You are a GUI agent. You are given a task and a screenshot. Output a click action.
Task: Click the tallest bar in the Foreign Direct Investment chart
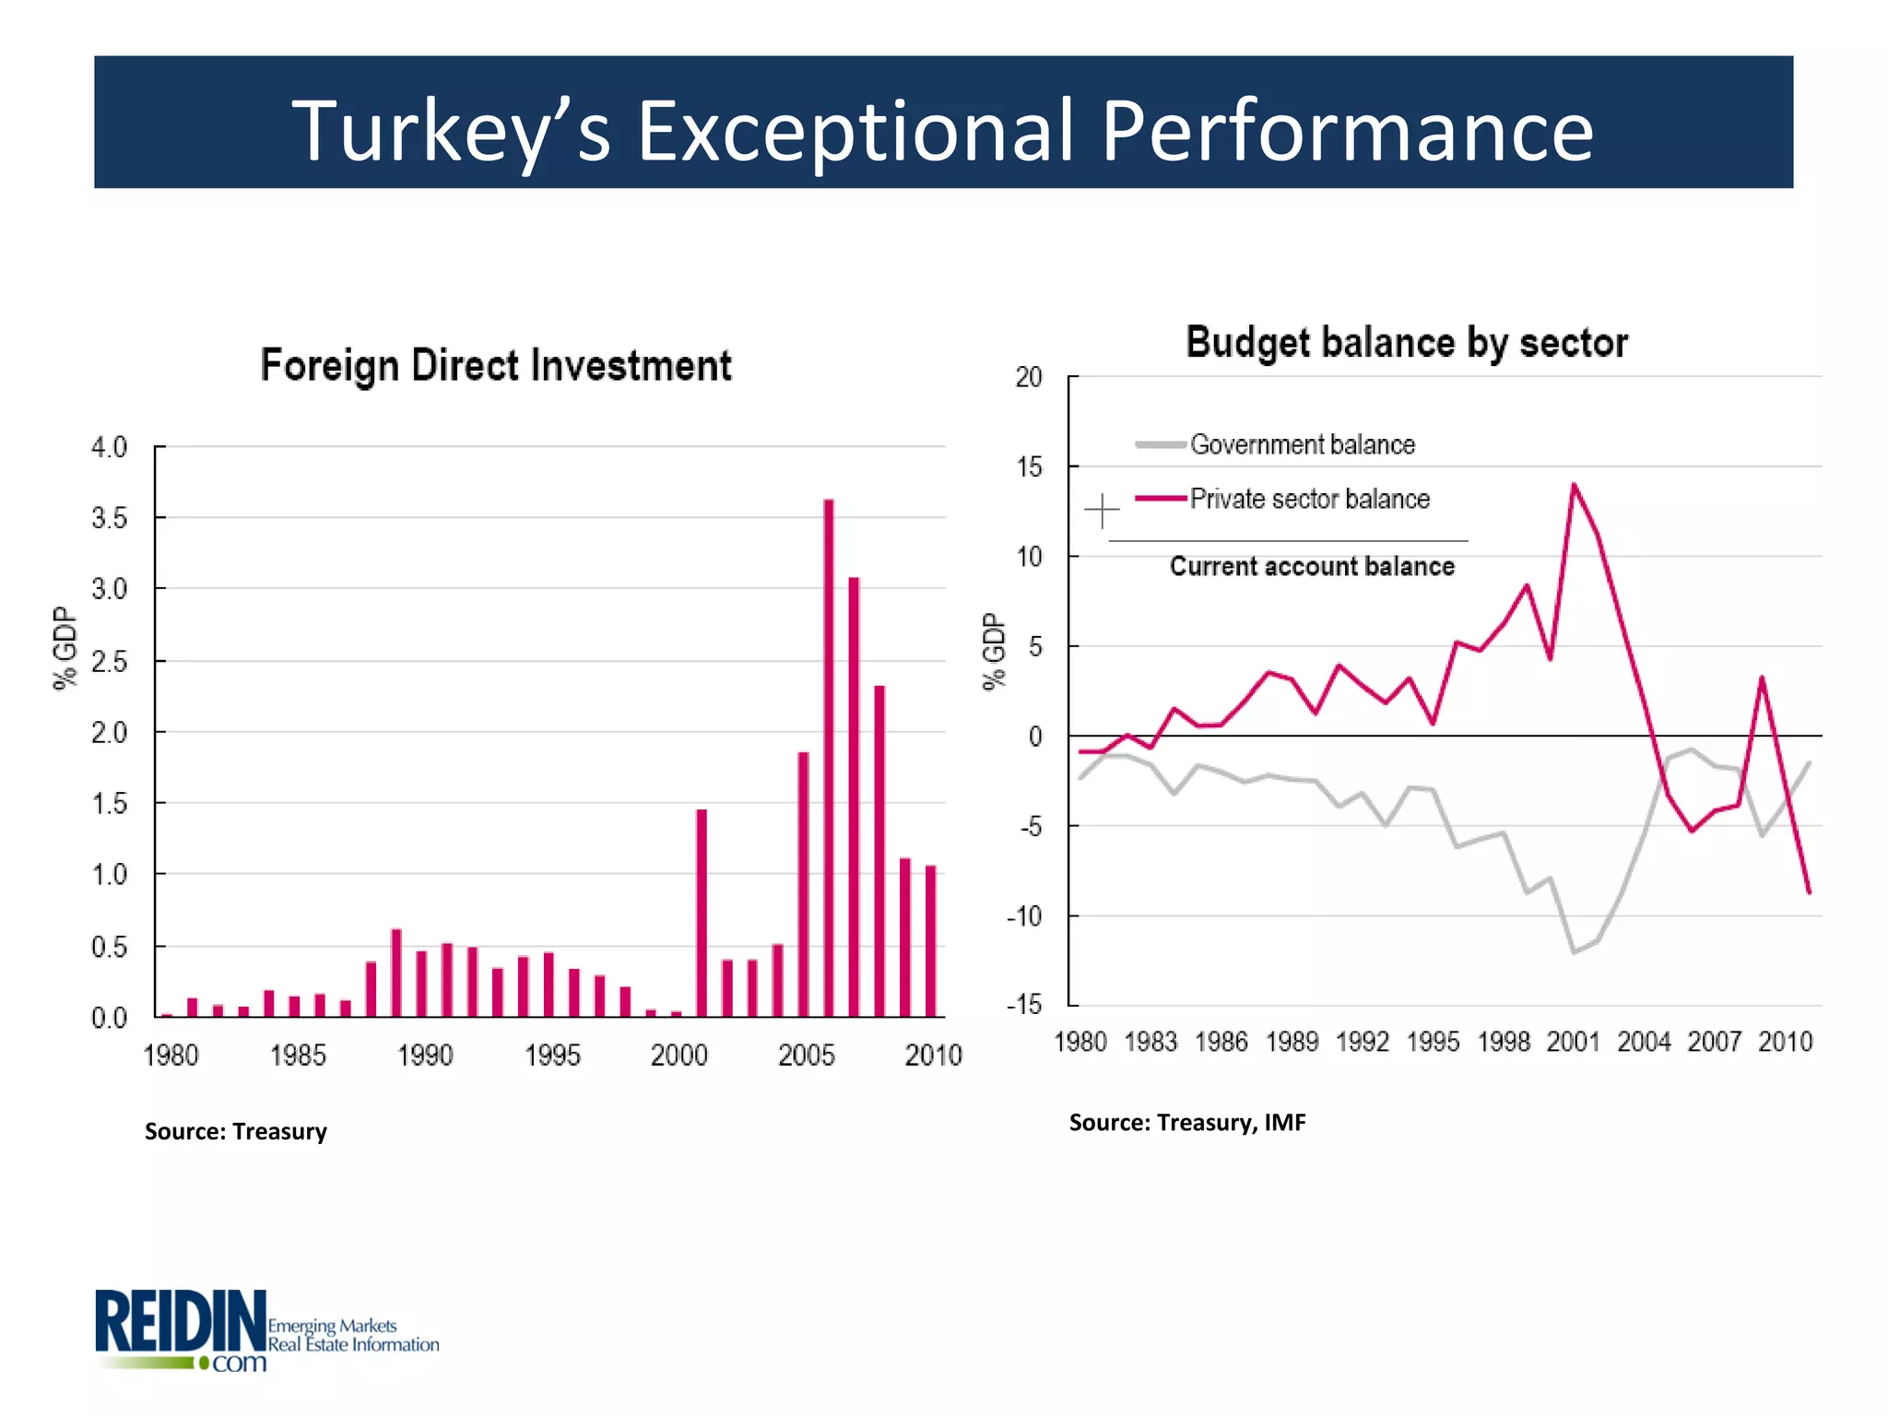coord(828,756)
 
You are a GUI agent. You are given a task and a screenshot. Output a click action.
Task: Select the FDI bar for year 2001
coord(702,913)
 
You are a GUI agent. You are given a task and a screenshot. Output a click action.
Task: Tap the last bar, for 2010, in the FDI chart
coord(930,940)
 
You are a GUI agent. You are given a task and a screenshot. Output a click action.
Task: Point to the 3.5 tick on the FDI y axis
coord(109,518)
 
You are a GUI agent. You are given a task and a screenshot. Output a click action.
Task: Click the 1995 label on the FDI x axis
coord(552,1056)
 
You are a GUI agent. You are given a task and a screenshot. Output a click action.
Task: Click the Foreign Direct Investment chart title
coord(496,366)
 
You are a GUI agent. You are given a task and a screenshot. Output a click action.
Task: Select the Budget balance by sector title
coord(1407,343)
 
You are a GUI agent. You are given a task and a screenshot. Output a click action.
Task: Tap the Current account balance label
coord(1312,566)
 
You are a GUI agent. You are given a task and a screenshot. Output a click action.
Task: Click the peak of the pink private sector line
coord(1574,485)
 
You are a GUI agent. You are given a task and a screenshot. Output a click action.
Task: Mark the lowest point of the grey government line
coord(1574,951)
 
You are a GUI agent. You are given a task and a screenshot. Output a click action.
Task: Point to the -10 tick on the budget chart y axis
coord(1023,916)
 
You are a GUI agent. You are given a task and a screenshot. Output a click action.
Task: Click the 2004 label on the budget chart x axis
coord(1644,1042)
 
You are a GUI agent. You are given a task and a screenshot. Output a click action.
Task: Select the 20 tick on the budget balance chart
coord(1028,377)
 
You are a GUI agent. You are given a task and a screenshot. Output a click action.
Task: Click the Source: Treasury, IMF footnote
coord(1187,1122)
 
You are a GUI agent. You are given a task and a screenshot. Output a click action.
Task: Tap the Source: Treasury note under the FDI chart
coord(236,1131)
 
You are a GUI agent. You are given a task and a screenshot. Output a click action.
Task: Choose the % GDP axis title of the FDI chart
coord(65,648)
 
